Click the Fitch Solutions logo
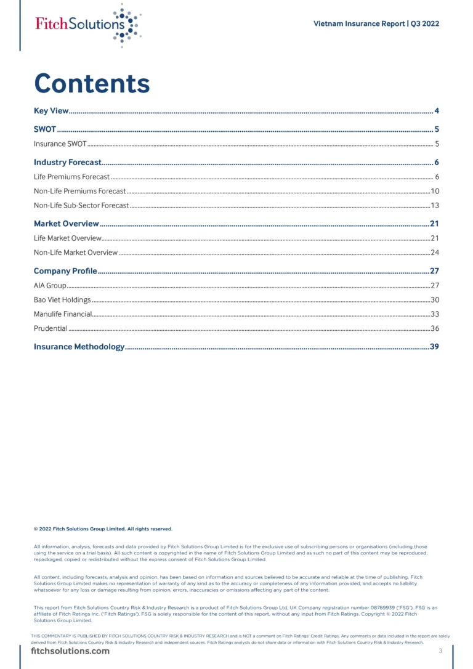tap(87, 25)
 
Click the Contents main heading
tap(92, 83)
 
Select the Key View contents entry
tap(51, 111)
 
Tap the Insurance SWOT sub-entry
tap(60, 144)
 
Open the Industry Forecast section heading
tap(67, 163)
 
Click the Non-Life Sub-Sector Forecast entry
tap(81, 205)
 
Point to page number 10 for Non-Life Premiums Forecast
tap(434, 191)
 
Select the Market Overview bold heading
tap(66, 224)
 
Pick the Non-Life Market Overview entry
tap(76, 253)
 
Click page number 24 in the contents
tap(434, 253)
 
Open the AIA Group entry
tap(50, 285)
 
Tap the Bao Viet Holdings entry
tap(62, 300)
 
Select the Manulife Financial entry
tap(63, 314)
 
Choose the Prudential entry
tap(51, 328)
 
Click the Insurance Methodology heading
tap(79, 347)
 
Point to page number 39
tap(434, 347)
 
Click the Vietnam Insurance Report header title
tap(376, 24)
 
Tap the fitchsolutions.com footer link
tap(70, 651)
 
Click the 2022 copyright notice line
tap(103, 529)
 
